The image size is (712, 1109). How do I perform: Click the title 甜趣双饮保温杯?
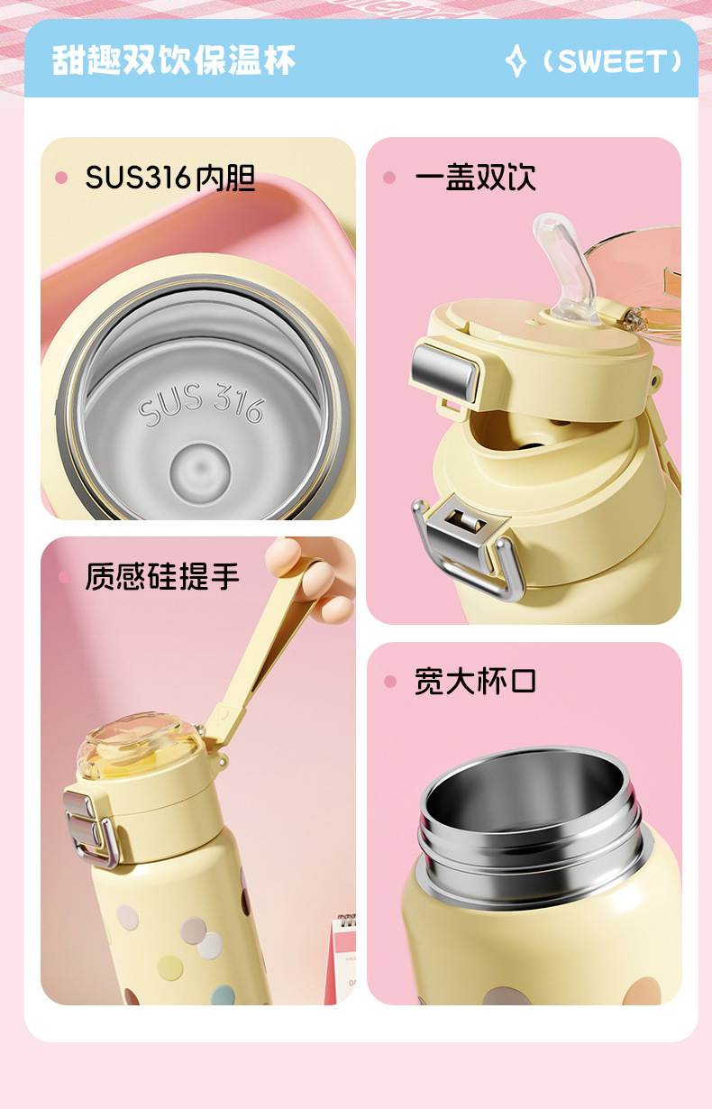coord(173,60)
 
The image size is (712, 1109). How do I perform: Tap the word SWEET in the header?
coord(613,61)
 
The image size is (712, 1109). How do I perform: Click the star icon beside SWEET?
coord(516,61)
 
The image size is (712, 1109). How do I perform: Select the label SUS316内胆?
coord(170,178)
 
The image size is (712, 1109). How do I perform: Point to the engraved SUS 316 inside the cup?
coord(200,403)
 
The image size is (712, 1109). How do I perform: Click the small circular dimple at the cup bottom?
coord(200,471)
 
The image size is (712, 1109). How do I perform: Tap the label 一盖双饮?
coord(476,177)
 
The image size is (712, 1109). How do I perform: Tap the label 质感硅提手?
coord(162,576)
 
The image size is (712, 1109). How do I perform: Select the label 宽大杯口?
coord(476,682)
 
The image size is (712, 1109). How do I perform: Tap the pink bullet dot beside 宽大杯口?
coord(390,682)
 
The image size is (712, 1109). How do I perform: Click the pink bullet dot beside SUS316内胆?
coord(61,178)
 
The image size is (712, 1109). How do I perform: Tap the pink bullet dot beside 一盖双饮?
coord(390,178)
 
